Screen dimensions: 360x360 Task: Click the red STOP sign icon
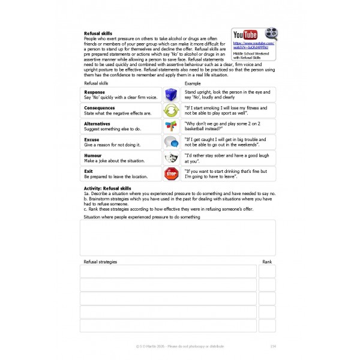[171, 174]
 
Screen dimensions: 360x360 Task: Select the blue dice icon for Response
[171, 95]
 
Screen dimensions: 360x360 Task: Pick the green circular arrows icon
[171, 110]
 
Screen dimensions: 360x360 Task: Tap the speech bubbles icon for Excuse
[171, 142]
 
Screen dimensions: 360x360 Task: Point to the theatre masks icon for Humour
[171, 158]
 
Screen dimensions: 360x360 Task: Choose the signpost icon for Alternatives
[171, 126]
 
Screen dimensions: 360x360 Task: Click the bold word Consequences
[99, 108]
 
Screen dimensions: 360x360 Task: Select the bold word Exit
[88, 171]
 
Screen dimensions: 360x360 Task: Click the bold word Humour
[92, 155]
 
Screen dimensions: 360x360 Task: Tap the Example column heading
[192, 83]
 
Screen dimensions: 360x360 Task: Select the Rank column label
[267, 262]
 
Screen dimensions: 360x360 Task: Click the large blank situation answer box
[178, 238]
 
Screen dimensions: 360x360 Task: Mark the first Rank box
[267, 271]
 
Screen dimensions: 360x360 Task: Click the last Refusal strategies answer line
[168, 326]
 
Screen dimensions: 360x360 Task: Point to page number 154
[273, 346]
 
